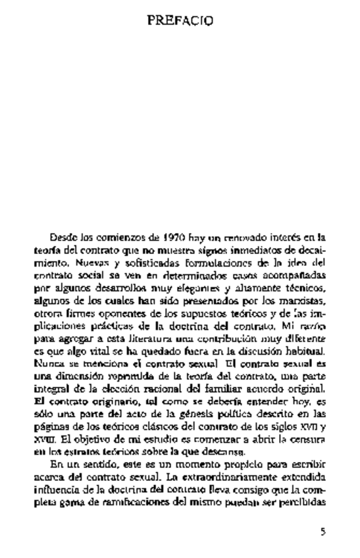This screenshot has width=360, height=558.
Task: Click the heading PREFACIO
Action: point(180,21)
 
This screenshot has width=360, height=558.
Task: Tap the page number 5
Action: point(322,532)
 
